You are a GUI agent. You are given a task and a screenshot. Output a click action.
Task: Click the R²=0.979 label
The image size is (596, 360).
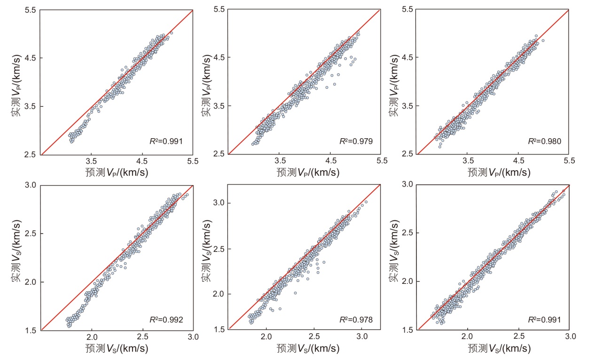[356, 141]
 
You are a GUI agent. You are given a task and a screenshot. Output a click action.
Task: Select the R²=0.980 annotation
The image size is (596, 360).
[545, 141]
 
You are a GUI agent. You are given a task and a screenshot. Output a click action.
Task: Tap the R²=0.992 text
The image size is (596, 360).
[166, 321]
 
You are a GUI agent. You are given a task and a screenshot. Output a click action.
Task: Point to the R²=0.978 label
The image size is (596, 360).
[356, 320]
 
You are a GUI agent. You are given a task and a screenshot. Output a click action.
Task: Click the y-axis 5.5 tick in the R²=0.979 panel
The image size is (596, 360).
[220, 9]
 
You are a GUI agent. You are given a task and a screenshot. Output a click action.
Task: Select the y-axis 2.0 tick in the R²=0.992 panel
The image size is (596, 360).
[31, 282]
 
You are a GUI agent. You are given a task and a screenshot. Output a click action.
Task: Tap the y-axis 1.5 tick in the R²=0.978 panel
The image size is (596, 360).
[220, 329]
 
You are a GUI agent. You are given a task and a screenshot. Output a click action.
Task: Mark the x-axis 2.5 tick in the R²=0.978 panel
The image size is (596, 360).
[314, 337]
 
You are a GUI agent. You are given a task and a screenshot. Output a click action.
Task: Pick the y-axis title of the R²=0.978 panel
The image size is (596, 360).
[206, 257]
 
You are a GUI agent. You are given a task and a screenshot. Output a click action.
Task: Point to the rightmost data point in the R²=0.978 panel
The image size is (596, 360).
[366, 202]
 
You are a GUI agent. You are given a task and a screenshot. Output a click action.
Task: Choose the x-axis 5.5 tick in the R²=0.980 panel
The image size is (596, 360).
[569, 161]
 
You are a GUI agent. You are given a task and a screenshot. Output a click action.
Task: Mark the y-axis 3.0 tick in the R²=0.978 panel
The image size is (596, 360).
[220, 203]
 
